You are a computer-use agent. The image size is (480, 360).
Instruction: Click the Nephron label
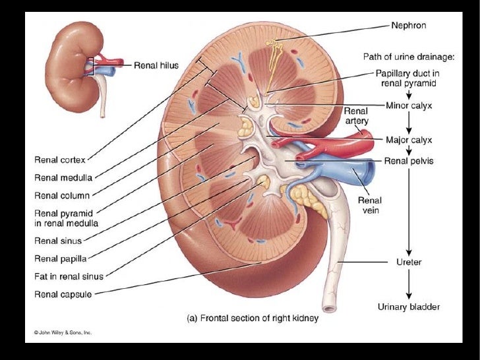pos(409,26)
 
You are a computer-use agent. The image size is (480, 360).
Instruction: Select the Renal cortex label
pos(60,160)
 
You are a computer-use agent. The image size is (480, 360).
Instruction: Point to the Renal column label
pos(62,195)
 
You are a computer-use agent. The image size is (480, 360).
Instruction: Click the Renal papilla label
pos(60,257)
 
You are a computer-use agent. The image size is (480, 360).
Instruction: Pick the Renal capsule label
pos(63,294)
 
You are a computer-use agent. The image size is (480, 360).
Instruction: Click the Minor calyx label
pos(409,105)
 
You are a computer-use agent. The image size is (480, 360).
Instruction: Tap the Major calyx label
pos(409,140)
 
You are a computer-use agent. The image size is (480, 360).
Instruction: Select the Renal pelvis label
pos(409,161)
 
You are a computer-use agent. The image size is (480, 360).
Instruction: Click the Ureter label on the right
pos(409,262)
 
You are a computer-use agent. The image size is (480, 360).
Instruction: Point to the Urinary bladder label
pos(409,307)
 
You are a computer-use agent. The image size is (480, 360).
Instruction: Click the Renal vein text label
pos(369,205)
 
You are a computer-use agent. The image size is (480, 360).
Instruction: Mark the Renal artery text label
pos(357,116)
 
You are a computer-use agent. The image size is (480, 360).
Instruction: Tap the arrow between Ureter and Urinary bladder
pos(409,284)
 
